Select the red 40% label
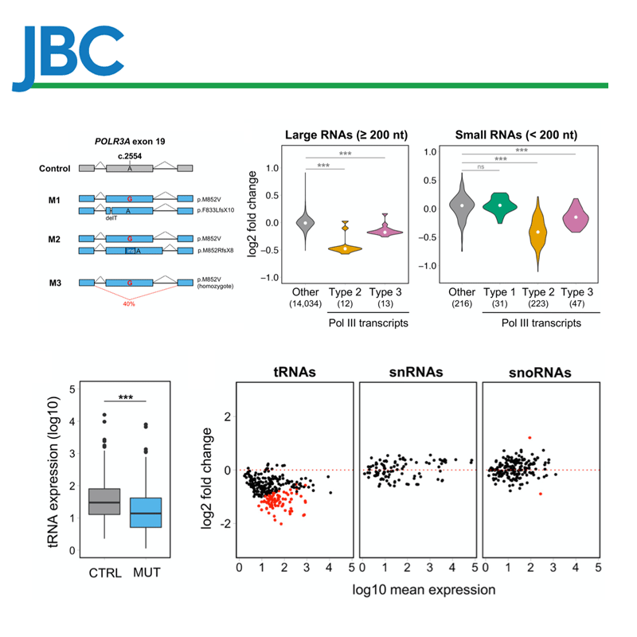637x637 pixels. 129,303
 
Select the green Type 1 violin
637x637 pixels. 499,205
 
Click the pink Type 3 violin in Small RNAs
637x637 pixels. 576,216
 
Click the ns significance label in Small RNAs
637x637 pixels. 480,167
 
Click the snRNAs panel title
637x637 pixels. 413,372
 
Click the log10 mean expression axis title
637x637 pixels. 414,590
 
